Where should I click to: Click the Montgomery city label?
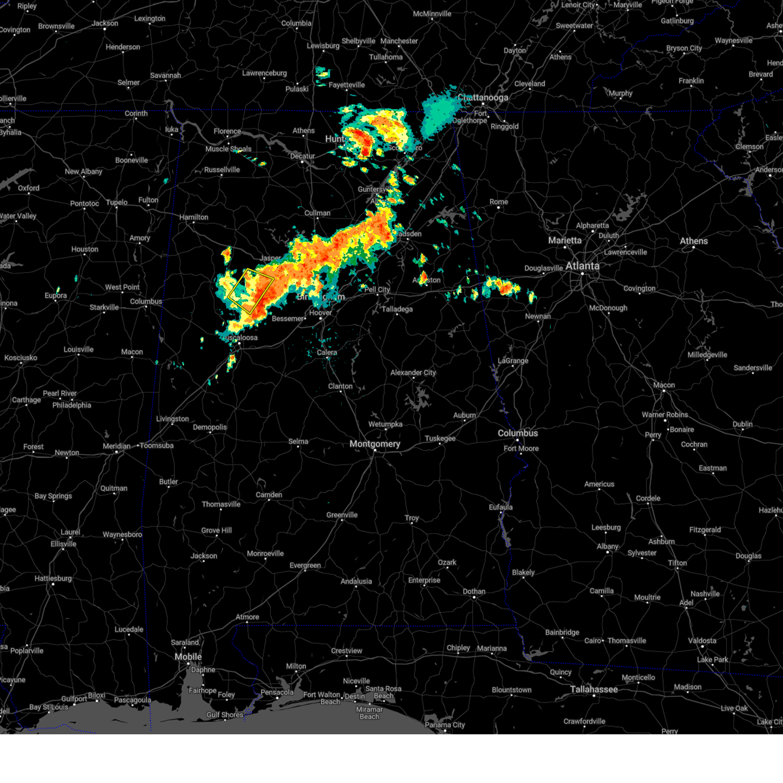pyautogui.click(x=375, y=444)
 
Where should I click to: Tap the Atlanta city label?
pyautogui.click(x=582, y=266)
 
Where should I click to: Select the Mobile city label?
pyautogui.click(x=188, y=656)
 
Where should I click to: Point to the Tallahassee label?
pyautogui.click(x=594, y=689)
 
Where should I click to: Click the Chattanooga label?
pyautogui.click(x=483, y=98)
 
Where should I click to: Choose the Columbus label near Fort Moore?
pyautogui.click(x=517, y=433)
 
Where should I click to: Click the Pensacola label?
pyautogui.click(x=277, y=692)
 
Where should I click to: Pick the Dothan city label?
pyautogui.click(x=474, y=592)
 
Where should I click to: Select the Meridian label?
pyautogui.click(x=117, y=446)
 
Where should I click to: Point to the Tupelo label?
pyautogui.click(x=117, y=202)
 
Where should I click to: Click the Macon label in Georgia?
pyautogui.click(x=664, y=385)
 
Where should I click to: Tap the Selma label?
pyautogui.click(x=298, y=442)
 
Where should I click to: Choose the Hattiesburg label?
pyautogui.click(x=54, y=578)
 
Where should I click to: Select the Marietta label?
pyautogui.click(x=564, y=240)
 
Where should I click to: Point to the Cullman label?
pyautogui.click(x=317, y=213)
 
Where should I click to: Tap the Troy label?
pyautogui.click(x=412, y=518)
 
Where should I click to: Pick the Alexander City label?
pyautogui.click(x=413, y=373)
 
